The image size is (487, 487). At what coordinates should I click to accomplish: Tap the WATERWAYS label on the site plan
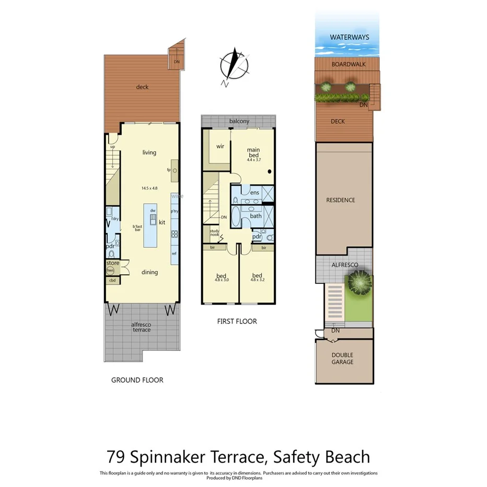[350, 38]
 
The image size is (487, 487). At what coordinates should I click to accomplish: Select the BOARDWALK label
[349, 64]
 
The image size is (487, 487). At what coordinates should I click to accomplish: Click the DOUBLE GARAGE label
[342, 358]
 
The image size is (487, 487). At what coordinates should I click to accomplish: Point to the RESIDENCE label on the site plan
[341, 200]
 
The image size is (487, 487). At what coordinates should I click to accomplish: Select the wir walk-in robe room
[220, 146]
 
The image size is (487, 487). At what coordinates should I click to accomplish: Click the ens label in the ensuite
[255, 193]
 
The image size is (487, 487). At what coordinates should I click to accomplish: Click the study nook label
[214, 233]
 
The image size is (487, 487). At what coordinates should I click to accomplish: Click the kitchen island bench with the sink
[151, 225]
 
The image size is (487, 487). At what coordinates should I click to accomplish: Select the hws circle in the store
[111, 271]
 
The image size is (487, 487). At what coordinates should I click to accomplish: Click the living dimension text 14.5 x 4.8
[149, 188]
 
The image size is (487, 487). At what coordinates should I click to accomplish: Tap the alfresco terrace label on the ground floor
[141, 327]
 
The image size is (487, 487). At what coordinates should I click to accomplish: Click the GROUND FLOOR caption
[137, 380]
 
